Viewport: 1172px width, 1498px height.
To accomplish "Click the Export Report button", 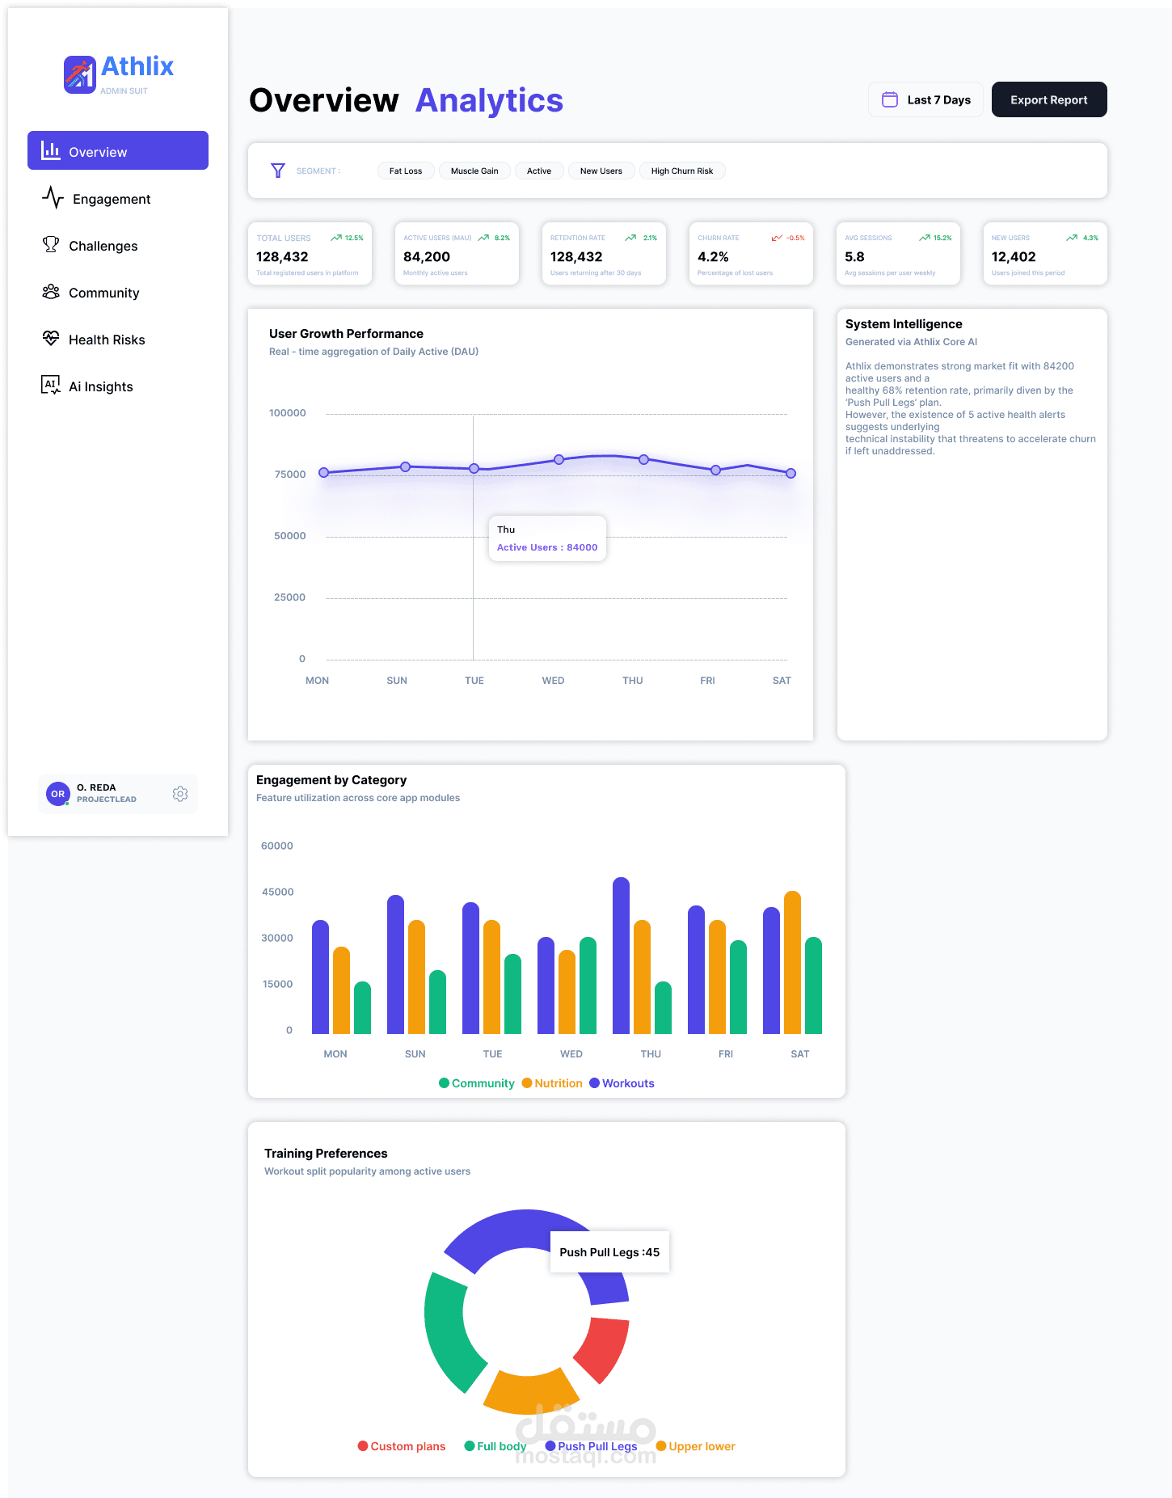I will tap(1048, 99).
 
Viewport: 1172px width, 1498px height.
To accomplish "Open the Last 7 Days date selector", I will tap(925, 99).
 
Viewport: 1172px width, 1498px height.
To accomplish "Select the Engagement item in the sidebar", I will tap(112, 199).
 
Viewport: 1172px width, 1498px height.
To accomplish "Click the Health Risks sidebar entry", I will tap(107, 340).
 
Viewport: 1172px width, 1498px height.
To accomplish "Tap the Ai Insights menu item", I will tap(100, 386).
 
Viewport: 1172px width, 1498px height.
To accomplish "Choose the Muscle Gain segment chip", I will tap(474, 171).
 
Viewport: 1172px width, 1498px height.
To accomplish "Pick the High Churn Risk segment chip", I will tap(681, 171).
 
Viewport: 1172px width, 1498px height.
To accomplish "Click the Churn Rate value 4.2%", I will tap(713, 257).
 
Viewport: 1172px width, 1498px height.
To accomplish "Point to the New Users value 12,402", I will tap(1013, 257).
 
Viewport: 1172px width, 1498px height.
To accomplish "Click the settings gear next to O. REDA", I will tap(180, 794).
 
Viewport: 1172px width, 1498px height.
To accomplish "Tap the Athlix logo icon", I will tap(80, 74).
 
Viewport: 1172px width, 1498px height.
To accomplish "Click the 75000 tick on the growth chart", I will tap(290, 475).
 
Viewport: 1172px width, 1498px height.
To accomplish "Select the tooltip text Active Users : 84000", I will tap(547, 547).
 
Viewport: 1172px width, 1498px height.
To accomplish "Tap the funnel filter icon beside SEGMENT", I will tap(278, 171).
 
